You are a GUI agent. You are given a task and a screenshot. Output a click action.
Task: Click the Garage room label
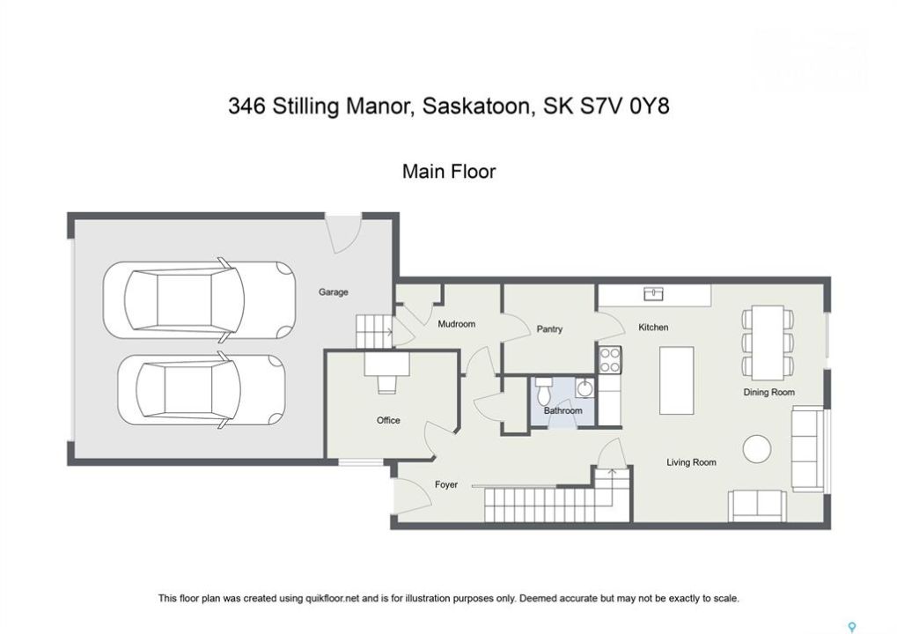coord(333,291)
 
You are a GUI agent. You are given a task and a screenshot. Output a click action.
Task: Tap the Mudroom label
coord(456,324)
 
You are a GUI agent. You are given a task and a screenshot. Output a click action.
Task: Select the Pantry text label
coord(549,329)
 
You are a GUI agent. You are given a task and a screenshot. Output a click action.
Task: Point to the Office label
coord(388,420)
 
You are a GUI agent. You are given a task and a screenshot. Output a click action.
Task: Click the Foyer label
coord(445,484)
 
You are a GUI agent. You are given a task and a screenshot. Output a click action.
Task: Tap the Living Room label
coord(691,462)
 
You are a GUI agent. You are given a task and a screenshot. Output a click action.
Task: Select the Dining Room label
coord(768,392)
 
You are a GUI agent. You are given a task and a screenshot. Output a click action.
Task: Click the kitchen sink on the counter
coord(653,293)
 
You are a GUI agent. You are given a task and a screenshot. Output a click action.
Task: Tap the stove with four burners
coord(609,360)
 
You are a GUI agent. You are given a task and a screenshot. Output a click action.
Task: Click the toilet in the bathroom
coord(543,390)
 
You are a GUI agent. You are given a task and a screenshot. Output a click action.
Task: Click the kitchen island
coord(676,380)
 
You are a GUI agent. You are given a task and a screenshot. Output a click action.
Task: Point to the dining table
coord(768,343)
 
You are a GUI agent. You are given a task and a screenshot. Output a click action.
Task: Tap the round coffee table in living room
coord(756,449)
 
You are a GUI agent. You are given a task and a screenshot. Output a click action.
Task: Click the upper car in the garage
coord(200,300)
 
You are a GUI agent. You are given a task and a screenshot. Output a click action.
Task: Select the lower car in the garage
coord(202,390)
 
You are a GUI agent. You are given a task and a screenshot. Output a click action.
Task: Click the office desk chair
coord(386,384)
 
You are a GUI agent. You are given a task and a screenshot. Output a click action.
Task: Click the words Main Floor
coord(449,171)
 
